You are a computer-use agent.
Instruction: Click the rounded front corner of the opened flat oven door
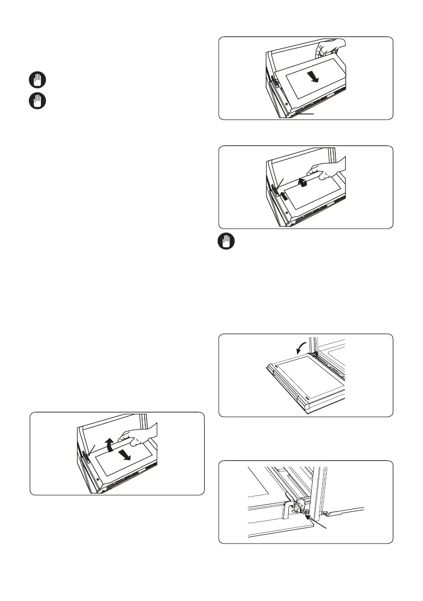tap(308, 401)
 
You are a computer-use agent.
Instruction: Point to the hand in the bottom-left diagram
tap(143, 433)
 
